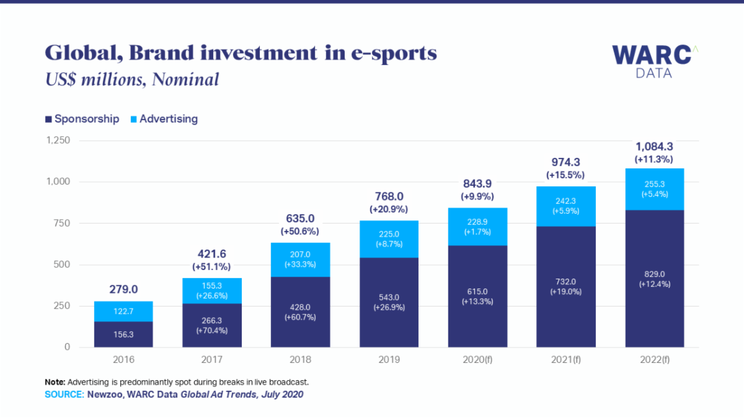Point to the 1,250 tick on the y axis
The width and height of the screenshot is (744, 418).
(x=57, y=141)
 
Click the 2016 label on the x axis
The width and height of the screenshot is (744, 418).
(x=123, y=359)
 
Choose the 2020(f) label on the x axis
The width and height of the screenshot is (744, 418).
(x=477, y=359)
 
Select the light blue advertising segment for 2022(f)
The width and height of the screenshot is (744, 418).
(x=655, y=189)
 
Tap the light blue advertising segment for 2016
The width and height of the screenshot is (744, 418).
(x=123, y=311)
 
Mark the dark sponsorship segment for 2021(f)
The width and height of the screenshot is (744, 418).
(x=566, y=287)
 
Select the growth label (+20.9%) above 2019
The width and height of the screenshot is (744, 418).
(x=389, y=209)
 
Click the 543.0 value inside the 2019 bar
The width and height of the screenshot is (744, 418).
(x=389, y=297)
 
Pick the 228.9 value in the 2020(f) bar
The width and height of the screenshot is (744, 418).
(x=477, y=222)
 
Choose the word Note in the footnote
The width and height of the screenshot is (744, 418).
(x=55, y=381)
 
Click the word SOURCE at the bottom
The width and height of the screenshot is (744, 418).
(x=64, y=394)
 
